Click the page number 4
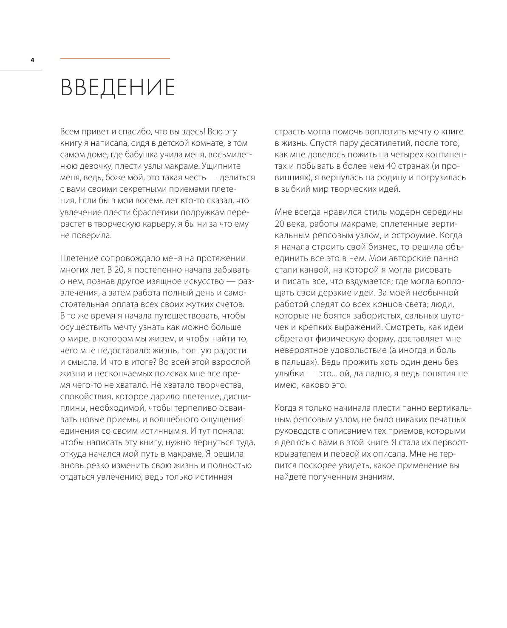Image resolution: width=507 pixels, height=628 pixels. pyautogui.click(x=32, y=60)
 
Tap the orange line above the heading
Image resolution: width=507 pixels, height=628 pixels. pyautogui.click(x=115, y=58)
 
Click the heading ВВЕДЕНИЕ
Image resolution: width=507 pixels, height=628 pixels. pyautogui.click(x=118, y=88)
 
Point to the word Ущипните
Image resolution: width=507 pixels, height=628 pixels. pyautogui.click(x=221, y=166)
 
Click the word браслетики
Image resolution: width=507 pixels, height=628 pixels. pyautogui.click(x=139, y=212)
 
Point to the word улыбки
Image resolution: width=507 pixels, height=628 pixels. pyautogui.click(x=289, y=374)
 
